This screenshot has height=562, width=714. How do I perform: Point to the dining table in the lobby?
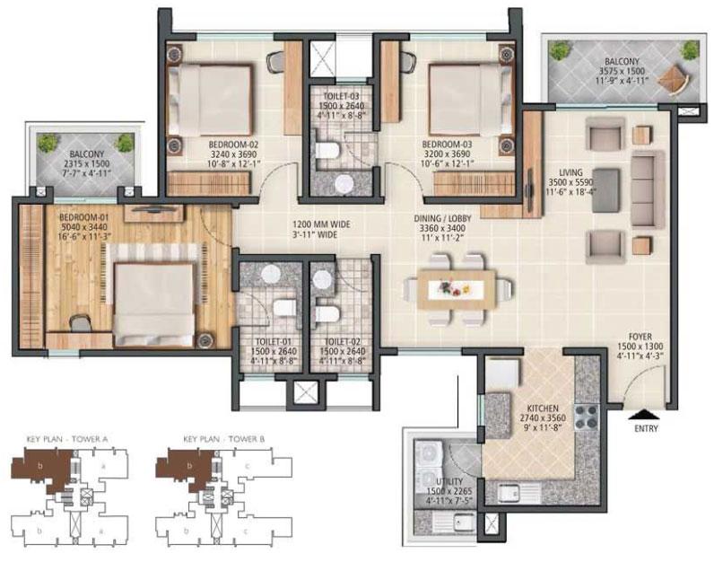[453, 289]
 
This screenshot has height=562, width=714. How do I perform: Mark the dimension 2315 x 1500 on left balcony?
[84, 163]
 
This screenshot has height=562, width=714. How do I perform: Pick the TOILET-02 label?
[339, 341]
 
